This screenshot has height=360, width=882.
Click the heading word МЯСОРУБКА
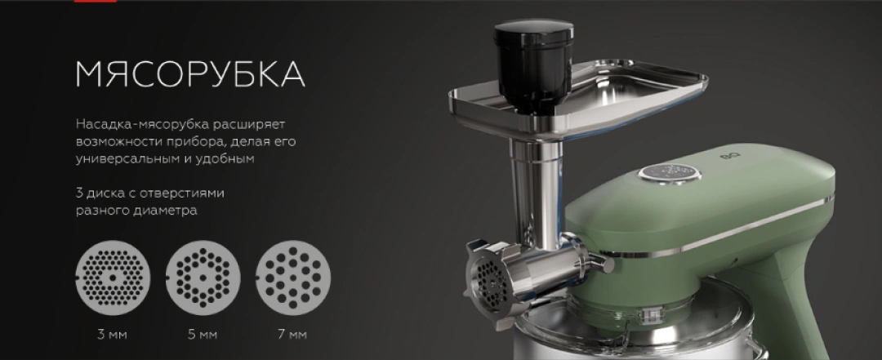coord(190,73)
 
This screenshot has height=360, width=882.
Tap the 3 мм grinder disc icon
coord(113,278)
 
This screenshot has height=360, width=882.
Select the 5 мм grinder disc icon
coord(203,278)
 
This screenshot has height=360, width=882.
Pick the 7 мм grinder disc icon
coord(293,278)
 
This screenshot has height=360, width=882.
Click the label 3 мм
coord(112,335)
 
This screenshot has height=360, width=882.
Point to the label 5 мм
coord(203,335)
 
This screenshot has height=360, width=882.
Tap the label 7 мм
coord(292,335)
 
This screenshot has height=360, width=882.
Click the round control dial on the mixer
coord(670,174)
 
